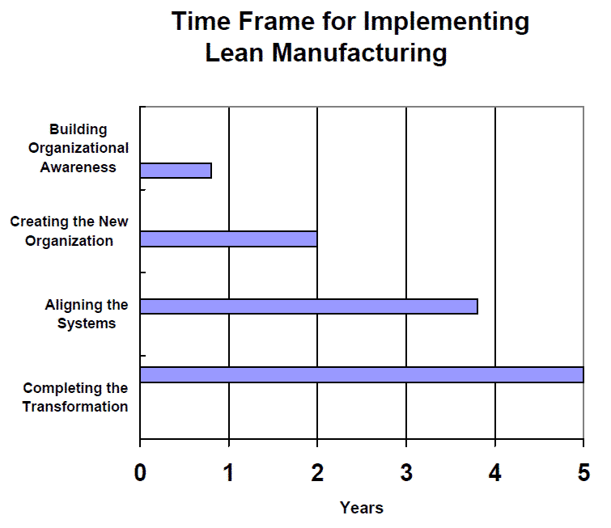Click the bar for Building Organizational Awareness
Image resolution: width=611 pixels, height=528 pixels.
[x=176, y=171]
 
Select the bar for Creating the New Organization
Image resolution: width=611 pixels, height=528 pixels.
[x=229, y=239]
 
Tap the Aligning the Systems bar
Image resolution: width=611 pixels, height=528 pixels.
[x=309, y=306]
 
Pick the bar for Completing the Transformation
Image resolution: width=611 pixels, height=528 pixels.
[x=362, y=374]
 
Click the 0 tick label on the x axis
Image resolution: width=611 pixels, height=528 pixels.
[x=140, y=473]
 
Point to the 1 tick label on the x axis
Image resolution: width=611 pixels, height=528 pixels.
[x=228, y=473]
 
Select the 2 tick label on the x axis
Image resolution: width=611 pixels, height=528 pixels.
[x=317, y=473]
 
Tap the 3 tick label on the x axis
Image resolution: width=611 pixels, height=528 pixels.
[x=406, y=473]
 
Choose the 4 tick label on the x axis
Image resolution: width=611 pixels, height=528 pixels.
[x=495, y=473]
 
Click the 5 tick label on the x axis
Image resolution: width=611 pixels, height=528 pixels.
[x=583, y=473]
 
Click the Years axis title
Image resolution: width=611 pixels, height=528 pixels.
[x=362, y=508]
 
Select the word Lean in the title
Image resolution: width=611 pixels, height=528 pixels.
[x=235, y=53]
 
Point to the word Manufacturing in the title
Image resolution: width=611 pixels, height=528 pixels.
[x=359, y=53]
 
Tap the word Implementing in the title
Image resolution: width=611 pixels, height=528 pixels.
[x=446, y=22]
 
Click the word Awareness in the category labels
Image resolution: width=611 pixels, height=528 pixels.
[x=78, y=167]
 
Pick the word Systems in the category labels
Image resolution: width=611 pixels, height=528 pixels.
[x=87, y=323]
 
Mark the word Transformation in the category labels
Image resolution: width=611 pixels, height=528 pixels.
[x=75, y=407]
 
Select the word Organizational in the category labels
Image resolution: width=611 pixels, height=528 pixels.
[x=78, y=148]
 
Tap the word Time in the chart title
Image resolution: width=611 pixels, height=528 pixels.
[x=201, y=21]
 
